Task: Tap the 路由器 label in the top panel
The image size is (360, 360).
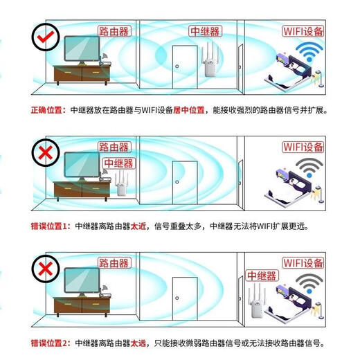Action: pos(114,32)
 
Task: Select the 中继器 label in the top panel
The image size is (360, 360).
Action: pos(205,31)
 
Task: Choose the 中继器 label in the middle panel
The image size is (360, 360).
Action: pos(118,163)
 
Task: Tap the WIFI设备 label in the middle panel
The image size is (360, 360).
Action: pos(303,147)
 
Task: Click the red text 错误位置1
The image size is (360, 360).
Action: pos(50,226)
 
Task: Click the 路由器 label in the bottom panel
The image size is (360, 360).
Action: pos(114,264)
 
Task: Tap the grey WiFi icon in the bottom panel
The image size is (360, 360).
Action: pos(307,285)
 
